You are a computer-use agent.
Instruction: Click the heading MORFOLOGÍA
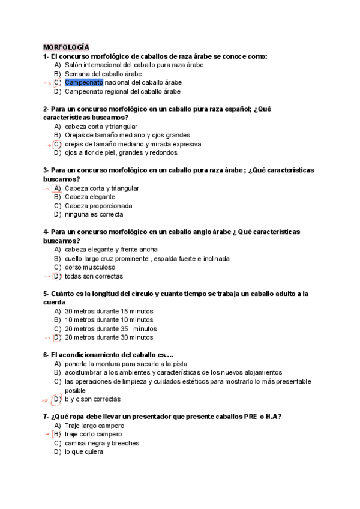[66, 46]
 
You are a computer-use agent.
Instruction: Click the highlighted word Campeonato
[84, 82]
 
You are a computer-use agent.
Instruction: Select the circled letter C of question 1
[57, 82]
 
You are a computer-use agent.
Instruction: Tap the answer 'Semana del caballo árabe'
[99, 73]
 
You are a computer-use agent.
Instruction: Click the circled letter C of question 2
[57, 144]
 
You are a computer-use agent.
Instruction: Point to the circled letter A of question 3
[57, 188]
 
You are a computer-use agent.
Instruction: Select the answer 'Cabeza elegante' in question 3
[90, 197]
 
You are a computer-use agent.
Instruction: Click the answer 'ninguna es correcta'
[94, 214]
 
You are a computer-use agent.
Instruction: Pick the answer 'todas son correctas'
[94, 276]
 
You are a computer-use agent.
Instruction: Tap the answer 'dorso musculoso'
[90, 267]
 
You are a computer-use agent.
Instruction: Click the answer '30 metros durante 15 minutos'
[109, 311]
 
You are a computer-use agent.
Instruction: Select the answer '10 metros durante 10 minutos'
[109, 320]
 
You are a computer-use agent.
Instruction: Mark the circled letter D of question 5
[57, 337]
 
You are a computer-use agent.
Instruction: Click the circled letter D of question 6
[57, 399]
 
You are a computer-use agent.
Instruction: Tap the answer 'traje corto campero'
[93, 434]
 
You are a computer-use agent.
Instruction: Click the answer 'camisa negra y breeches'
[101, 443]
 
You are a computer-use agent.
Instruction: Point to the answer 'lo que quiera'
[83, 452]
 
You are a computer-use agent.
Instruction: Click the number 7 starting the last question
[45, 417]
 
